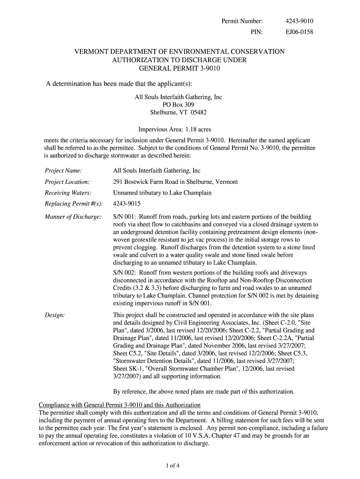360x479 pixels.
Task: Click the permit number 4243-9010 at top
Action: click(299, 21)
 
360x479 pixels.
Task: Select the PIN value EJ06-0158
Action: click(299, 32)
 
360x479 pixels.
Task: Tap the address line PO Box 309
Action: click(178, 105)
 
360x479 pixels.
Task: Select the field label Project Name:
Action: click(64, 171)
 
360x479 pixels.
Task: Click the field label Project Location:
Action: click(67, 182)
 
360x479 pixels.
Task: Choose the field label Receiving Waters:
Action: click(68, 193)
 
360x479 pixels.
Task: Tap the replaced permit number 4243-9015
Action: click(127, 204)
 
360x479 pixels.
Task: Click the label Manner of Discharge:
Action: click(73, 217)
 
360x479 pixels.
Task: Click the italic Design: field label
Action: click(55, 316)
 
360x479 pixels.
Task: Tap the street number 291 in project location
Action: click(118, 182)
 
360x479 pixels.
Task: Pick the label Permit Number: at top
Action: click(242, 21)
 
